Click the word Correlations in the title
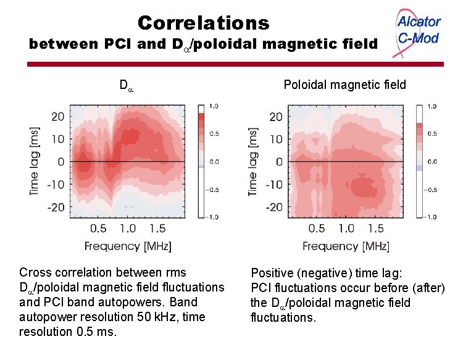click(x=203, y=23)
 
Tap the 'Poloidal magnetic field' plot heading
click(x=344, y=85)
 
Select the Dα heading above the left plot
click(x=127, y=85)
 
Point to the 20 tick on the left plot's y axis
click(x=57, y=117)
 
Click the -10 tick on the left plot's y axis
click(x=56, y=185)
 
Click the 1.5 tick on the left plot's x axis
click(x=157, y=228)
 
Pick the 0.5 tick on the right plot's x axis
click(x=316, y=228)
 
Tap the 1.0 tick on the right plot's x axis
click(x=346, y=228)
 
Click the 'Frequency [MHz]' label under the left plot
click(x=128, y=246)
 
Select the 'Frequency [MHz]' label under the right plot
click(x=346, y=246)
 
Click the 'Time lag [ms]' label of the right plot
click(x=252, y=162)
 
